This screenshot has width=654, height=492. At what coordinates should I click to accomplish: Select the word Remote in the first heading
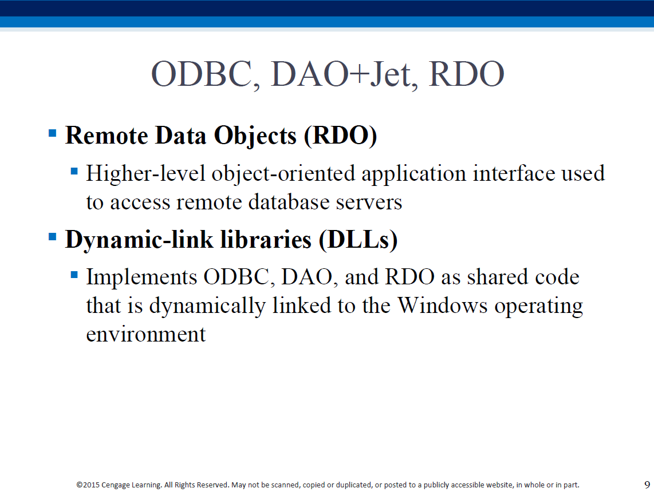(107, 136)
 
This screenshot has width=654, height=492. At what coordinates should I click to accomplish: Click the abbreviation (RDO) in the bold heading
(340, 136)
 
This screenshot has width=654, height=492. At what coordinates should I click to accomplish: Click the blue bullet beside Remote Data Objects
(53, 133)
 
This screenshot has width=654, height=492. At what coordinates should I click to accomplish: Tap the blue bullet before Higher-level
(74, 171)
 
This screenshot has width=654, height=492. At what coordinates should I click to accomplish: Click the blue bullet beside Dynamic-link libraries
(53, 237)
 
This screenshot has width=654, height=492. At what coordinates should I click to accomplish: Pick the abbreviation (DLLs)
(358, 240)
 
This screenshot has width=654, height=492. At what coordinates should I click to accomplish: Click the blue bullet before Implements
(74, 275)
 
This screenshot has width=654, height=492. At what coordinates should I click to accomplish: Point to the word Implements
(141, 277)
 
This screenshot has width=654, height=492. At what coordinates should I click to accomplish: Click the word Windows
(442, 305)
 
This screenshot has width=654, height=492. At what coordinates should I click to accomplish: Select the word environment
(146, 335)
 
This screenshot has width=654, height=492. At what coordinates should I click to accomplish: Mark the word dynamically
(207, 306)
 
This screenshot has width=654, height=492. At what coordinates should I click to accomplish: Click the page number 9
(647, 485)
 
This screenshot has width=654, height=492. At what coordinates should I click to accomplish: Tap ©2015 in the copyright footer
(88, 485)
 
